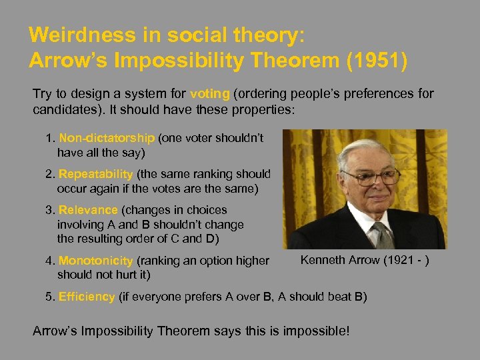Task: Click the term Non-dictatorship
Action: click(x=107, y=138)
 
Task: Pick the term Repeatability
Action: click(x=96, y=174)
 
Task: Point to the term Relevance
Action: click(x=88, y=210)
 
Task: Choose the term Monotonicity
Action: click(x=96, y=261)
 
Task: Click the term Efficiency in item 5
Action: click(x=87, y=297)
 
